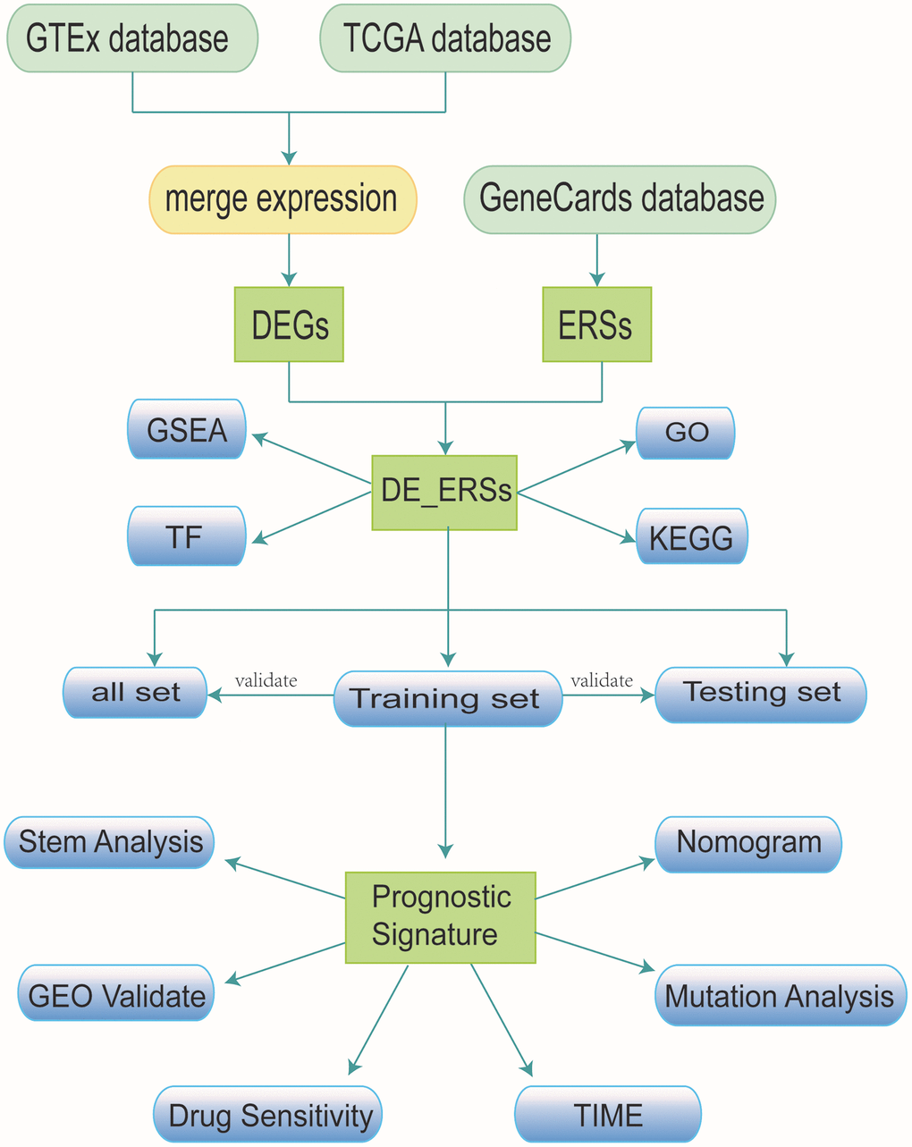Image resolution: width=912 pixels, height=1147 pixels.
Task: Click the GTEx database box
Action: click(132, 38)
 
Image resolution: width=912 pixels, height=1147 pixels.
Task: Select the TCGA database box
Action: click(445, 38)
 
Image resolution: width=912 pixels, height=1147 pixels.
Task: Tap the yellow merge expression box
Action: click(283, 199)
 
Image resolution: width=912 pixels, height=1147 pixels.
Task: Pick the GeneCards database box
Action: click(620, 199)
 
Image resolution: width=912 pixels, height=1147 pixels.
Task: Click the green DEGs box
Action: click(289, 325)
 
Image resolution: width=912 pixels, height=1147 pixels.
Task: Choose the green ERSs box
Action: click(596, 325)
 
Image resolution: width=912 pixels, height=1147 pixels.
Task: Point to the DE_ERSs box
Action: click(444, 491)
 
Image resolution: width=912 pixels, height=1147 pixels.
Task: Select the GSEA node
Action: click(187, 430)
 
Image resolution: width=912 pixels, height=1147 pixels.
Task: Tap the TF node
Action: click(187, 536)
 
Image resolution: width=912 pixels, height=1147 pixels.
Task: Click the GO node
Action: click(686, 433)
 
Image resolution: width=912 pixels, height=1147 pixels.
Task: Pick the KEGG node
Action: click(691, 537)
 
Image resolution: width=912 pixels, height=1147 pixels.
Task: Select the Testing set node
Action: click(761, 693)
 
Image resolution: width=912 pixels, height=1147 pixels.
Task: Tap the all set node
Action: click(135, 693)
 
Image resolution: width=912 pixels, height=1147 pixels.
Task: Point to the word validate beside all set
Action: click(266, 680)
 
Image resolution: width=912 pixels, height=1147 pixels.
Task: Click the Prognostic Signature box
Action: click(441, 916)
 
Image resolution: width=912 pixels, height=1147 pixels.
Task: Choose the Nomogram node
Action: click(748, 843)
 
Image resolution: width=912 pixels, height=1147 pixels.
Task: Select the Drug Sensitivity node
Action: click(269, 1115)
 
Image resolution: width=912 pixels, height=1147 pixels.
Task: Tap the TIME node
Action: click(608, 1115)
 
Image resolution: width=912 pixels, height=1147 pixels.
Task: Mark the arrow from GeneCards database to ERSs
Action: click(596, 260)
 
